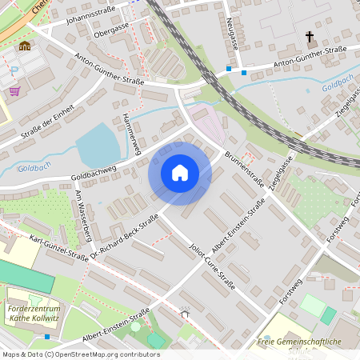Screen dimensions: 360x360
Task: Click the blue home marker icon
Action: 180,173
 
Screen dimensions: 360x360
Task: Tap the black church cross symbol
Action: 310,37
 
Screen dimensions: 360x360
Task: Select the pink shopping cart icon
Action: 14,91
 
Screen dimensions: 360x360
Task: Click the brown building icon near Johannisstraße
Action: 25,46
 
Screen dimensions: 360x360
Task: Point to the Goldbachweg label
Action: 94,171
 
